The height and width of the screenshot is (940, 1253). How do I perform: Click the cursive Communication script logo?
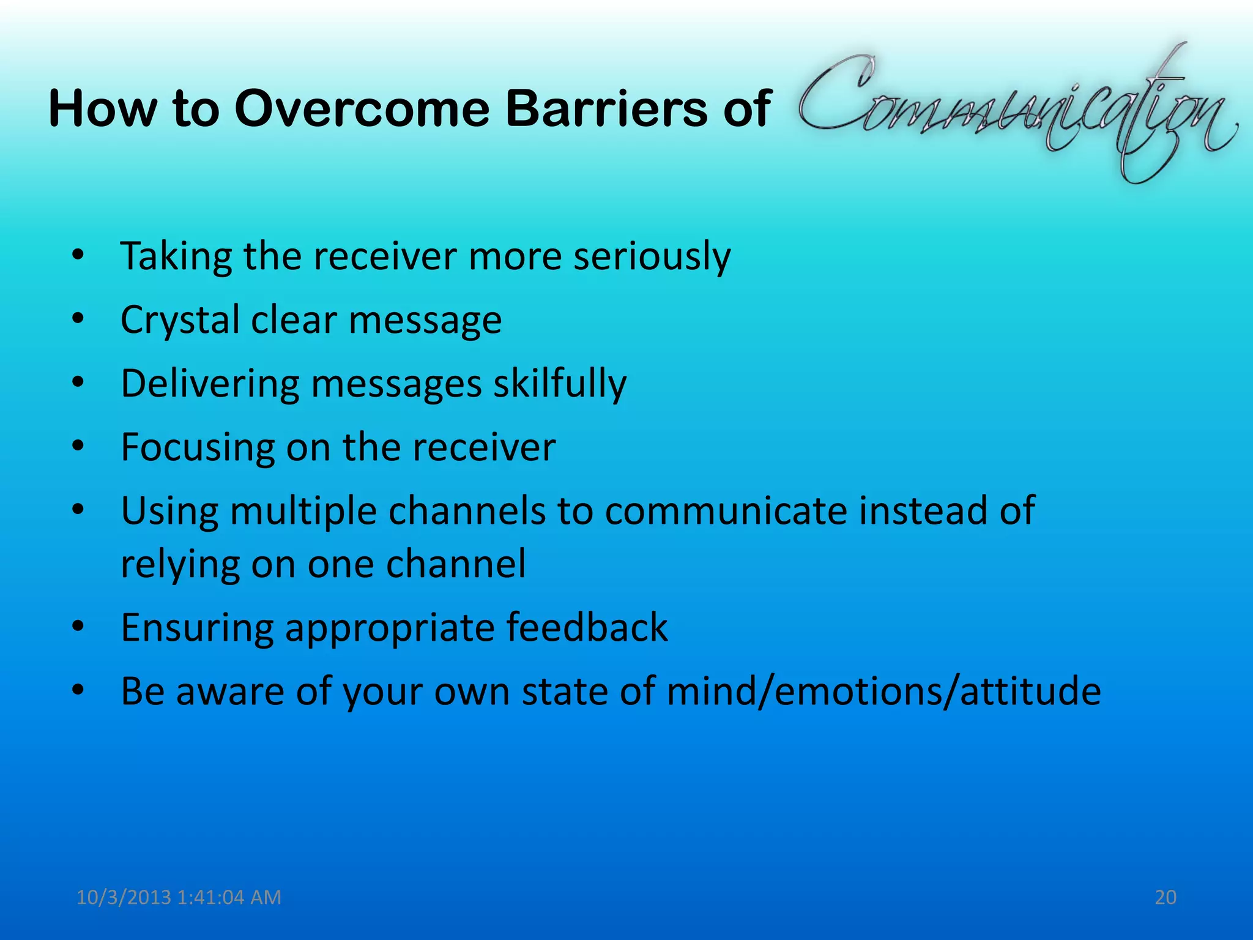click(1016, 110)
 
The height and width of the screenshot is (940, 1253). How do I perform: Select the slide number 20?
click(1166, 897)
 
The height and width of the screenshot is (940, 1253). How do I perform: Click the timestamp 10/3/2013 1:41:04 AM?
click(179, 897)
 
